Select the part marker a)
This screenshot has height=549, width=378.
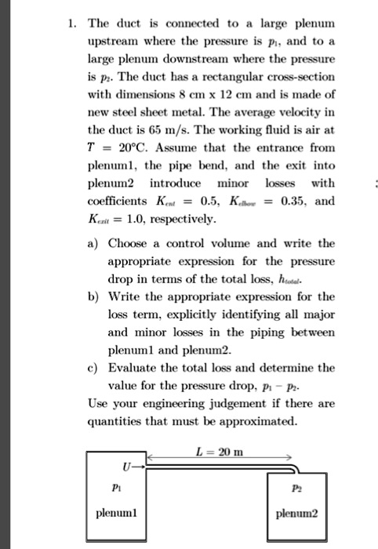pos(93,244)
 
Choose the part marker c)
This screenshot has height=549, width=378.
pos(93,368)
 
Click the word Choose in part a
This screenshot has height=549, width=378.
pos(126,244)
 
